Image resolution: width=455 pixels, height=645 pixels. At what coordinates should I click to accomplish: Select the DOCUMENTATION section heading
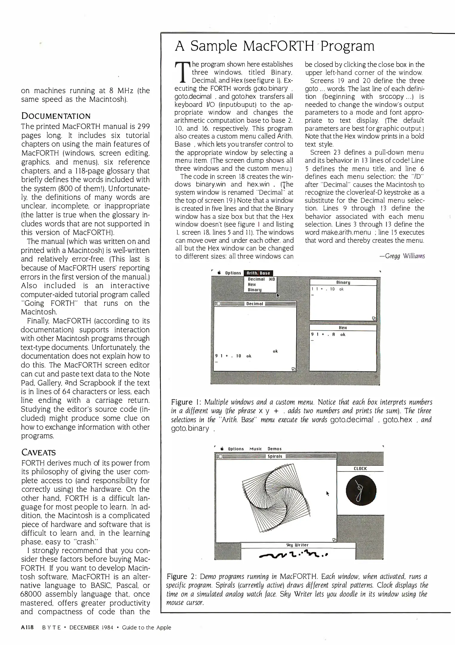56,116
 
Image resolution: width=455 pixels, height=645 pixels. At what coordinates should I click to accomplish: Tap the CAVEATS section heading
39,452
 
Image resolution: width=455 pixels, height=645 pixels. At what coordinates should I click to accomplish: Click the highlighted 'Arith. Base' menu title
258,273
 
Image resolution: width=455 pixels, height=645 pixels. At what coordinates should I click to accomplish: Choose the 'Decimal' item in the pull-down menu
256,279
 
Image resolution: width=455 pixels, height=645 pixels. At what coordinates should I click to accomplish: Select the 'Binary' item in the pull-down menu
255,290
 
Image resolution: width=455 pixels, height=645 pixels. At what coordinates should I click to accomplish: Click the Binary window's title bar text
343,282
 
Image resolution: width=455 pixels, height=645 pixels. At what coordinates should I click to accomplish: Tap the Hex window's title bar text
343,328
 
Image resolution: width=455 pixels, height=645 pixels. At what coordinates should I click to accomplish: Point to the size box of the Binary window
374,318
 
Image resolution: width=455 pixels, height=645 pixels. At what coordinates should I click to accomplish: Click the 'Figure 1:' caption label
186,402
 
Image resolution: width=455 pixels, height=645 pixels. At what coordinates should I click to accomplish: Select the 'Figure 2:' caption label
182,576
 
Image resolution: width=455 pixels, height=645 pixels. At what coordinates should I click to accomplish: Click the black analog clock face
361,491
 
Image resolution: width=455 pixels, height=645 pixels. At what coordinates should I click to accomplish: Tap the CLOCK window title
360,469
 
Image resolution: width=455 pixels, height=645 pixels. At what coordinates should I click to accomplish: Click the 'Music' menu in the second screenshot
255,449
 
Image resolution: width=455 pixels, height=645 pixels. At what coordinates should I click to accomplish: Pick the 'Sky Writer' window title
297,545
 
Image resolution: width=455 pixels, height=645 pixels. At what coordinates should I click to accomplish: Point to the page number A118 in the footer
28,627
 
